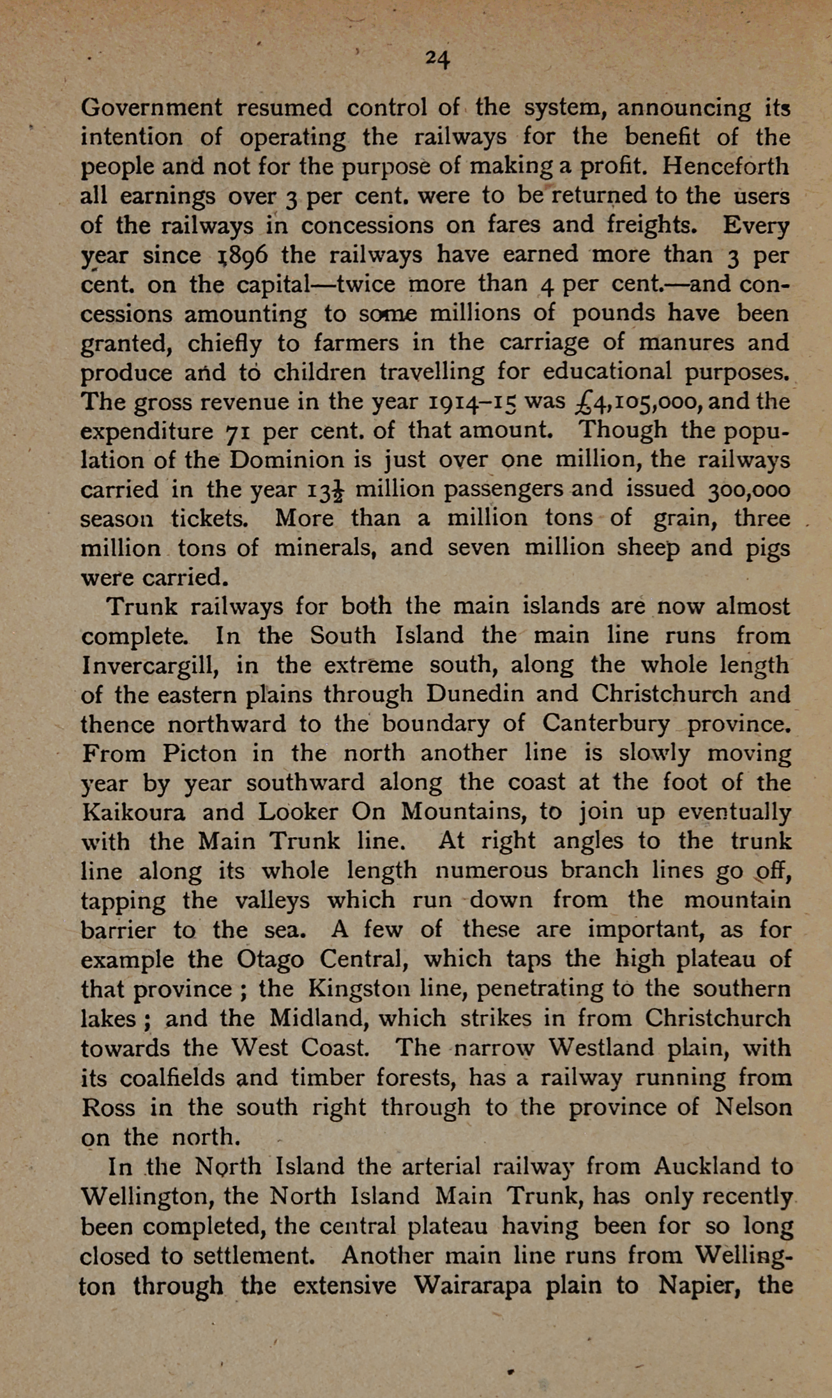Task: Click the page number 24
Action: click(438, 59)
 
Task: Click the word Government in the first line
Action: click(151, 108)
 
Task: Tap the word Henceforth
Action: click(725, 167)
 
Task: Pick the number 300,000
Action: click(740, 490)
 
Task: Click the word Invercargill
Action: click(151, 666)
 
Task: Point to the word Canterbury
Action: click(606, 724)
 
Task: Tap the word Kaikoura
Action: click(134, 813)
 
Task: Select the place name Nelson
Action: click(754, 1107)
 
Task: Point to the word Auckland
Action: click(707, 1167)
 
